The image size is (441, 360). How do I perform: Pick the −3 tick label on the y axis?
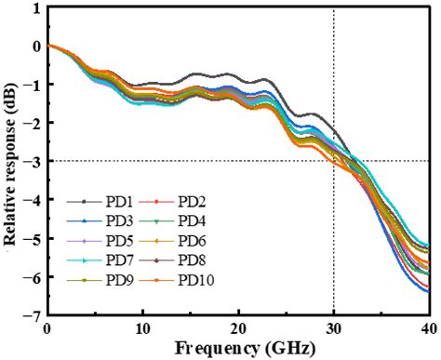point(33,162)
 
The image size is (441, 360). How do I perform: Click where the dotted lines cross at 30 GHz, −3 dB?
point(333,161)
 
